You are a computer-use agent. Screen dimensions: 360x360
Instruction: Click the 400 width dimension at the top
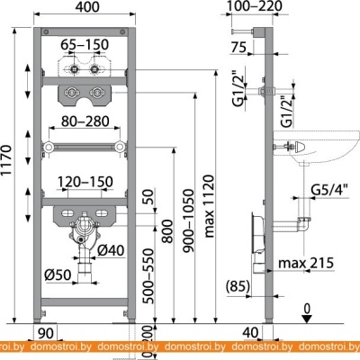click(87, 6)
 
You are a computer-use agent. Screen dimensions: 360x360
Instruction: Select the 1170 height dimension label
click(6, 160)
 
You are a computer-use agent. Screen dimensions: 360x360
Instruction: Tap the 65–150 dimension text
click(85, 45)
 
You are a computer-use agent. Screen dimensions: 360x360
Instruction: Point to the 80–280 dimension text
click(85, 121)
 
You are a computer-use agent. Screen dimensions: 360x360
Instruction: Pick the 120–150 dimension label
click(85, 182)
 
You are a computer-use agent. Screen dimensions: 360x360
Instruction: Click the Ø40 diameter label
click(111, 250)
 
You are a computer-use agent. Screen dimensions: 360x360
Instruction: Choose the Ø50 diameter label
click(58, 274)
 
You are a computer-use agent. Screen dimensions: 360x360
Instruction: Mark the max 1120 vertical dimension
click(210, 206)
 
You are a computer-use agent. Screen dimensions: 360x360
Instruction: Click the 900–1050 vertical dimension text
click(189, 220)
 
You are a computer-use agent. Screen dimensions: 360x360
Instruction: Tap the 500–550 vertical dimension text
click(148, 276)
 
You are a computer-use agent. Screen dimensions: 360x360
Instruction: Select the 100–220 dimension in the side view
click(254, 6)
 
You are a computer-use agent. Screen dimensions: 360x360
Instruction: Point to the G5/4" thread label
click(329, 190)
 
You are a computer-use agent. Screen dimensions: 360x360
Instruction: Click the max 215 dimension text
click(306, 263)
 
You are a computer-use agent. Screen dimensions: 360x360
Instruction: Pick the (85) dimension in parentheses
click(238, 286)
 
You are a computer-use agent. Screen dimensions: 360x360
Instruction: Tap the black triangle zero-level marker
click(306, 319)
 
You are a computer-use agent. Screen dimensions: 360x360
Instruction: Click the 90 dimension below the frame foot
click(46, 333)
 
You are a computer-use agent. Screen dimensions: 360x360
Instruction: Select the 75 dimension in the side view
click(239, 47)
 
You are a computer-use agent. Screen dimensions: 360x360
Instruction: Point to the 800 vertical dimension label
click(167, 231)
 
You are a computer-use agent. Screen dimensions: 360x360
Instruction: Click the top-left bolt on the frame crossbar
click(46, 31)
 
